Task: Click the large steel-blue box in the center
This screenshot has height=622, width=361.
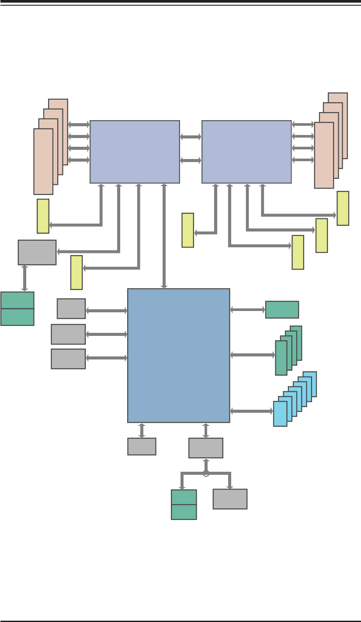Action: coord(178,355)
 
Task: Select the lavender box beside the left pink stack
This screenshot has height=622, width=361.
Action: coord(135,152)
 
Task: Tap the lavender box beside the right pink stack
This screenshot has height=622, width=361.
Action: coord(246,152)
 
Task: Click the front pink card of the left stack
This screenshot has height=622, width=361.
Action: coord(43,162)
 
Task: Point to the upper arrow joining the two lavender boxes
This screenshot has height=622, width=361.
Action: coord(191,137)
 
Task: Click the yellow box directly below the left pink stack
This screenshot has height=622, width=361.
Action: coord(43,216)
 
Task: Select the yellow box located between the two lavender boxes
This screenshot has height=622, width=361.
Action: coord(187,230)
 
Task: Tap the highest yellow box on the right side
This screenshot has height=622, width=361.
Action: coord(343,208)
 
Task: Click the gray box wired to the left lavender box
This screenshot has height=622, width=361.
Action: coord(37,252)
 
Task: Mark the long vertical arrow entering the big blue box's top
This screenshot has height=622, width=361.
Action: coord(164,236)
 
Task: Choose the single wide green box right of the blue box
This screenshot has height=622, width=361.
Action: coord(282,310)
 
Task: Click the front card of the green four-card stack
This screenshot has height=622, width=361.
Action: coord(281,358)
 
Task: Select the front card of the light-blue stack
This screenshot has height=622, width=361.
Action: coord(280,414)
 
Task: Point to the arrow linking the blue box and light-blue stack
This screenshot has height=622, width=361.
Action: coord(251,411)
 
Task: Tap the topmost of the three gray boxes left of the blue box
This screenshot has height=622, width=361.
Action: coord(71,309)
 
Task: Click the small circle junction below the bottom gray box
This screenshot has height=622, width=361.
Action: coord(206,473)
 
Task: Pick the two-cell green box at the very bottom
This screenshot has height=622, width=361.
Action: coord(184,505)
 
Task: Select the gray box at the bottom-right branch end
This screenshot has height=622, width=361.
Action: coord(230,499)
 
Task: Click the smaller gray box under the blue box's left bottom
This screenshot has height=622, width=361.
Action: coord(142,446)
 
